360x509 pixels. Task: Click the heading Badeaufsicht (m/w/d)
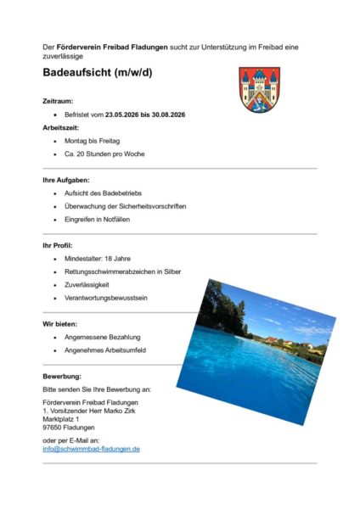(x=98, y=73)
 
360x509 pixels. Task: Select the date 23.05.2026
(x=121, y=113)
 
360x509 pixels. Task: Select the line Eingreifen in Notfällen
(x=101, y=220)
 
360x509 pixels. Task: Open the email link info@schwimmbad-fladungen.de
(x=91, y=449)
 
